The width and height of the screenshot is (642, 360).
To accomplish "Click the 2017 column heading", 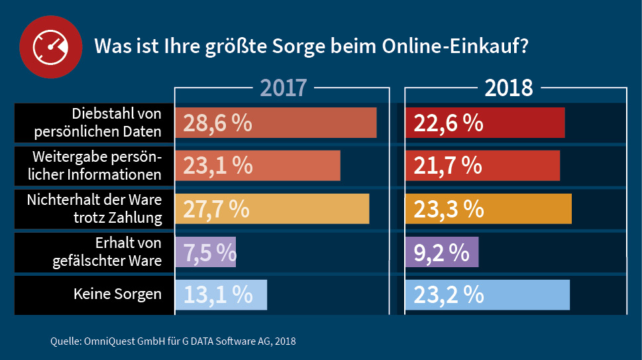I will [283, 88].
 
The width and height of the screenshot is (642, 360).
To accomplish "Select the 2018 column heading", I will [509, 88].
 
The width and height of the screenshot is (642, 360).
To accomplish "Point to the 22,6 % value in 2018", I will [448, 123].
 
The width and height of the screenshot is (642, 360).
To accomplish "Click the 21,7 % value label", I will [448, 165].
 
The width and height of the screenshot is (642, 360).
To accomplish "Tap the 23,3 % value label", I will [449, 208].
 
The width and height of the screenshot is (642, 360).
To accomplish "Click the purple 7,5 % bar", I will [205, 252].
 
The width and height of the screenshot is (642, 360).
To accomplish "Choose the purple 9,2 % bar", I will [441, 252].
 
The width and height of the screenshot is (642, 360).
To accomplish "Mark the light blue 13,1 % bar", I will [221, 294].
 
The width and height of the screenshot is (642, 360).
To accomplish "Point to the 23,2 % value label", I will [449, 294].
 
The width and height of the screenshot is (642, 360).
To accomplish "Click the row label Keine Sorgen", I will [117, 294].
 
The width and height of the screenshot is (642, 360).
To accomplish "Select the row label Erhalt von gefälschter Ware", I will [107, 252].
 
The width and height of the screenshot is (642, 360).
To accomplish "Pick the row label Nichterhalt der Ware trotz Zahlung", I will [94, 208].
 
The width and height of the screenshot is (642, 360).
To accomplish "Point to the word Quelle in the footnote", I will [64, 342].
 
